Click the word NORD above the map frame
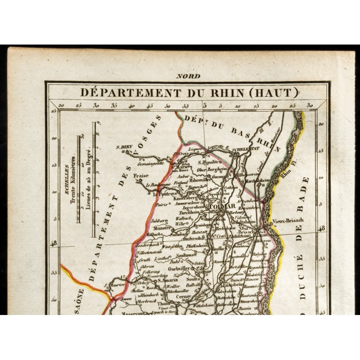[189, 76]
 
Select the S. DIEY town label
[123, 146]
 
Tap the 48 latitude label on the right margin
[321, 229]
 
